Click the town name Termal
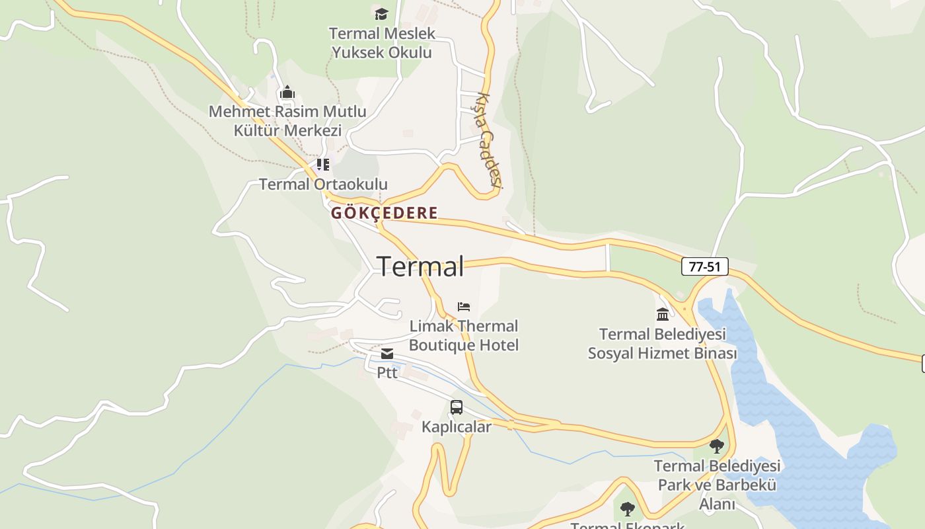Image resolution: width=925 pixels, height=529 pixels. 420,266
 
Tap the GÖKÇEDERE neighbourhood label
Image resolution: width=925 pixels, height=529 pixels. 384,213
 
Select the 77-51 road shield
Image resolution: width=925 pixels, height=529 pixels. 704,266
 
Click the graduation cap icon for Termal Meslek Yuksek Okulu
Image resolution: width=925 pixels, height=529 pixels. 381,14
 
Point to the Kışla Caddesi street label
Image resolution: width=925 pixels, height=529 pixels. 487,140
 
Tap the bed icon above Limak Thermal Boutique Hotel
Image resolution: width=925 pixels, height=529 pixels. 464,307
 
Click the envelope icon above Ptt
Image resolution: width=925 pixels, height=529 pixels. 387,354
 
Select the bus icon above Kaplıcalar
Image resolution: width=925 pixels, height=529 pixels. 457,407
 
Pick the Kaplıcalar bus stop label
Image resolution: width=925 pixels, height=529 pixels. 457,427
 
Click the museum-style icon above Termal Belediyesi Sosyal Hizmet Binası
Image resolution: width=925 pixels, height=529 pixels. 663,314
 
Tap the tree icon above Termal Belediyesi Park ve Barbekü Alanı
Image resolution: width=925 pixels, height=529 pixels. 717,446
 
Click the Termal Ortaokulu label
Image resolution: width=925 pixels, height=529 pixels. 323,184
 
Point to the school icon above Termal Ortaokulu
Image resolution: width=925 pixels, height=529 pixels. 322,164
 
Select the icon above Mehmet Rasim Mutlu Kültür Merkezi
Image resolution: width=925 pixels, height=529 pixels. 287,92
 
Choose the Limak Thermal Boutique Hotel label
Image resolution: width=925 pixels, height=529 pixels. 464,335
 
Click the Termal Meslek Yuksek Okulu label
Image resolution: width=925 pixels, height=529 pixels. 382,43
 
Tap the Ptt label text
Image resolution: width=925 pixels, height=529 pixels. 387,373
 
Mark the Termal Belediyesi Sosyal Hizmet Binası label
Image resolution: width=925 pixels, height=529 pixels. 662,344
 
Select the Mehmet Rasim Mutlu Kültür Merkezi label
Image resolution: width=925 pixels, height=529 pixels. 287,121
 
